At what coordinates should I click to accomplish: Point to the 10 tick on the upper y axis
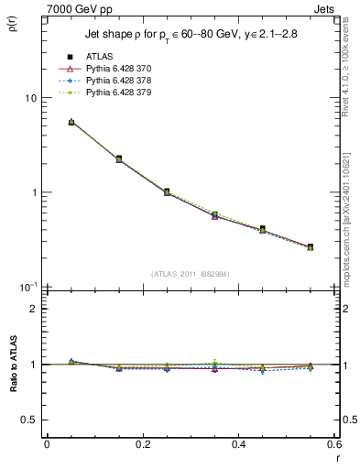(x=30, y=98)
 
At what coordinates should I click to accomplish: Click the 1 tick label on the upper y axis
(x=34, y=193)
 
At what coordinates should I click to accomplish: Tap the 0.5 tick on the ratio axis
(x=29, y=420)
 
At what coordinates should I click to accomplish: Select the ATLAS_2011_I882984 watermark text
(x=191, y=274)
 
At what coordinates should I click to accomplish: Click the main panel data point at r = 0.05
(x=71, y=122)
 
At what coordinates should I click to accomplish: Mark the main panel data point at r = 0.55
(x=311, y=246)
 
